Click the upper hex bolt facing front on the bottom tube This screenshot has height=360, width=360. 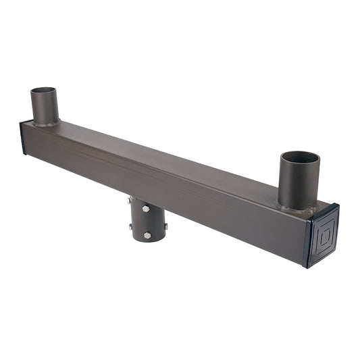pos(146,209)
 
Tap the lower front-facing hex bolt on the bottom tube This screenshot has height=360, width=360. pos(147,235)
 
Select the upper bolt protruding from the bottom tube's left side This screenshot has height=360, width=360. pos(129,201)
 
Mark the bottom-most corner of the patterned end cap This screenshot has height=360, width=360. pos(308,267)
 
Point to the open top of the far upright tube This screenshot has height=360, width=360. pos(44,91)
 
